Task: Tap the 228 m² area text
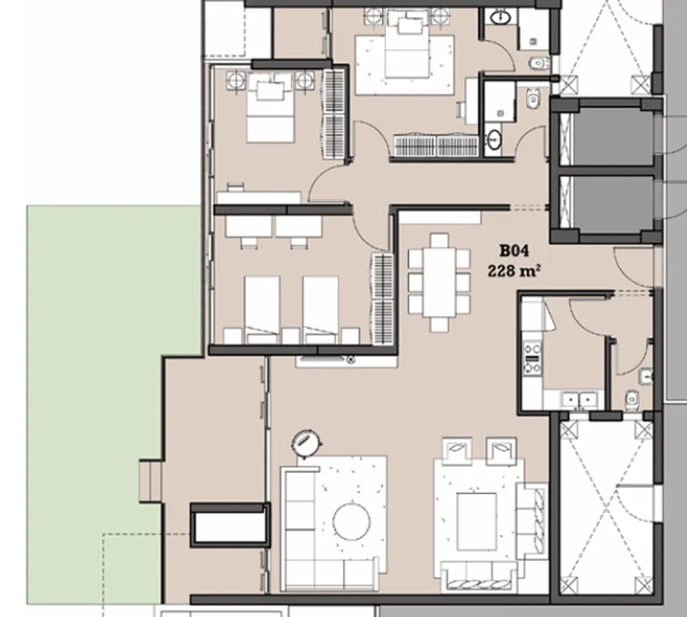[513, 271]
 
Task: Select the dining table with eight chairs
[439, 282]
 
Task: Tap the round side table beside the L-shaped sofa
[305, 442]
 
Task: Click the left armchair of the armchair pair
[456, 450]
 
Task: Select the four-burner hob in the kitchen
[532, 358]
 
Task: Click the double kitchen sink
[579, 400]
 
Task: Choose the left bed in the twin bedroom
[262, 308]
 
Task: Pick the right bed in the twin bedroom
[321, 308]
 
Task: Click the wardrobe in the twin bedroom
[383, 298]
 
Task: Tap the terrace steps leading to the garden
[150, 480]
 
